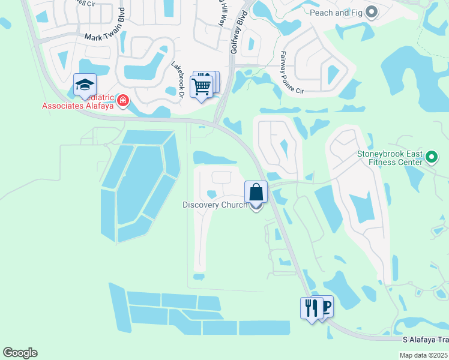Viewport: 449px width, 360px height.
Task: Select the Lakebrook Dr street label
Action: [178, 78]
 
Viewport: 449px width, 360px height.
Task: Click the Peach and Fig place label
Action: [337, 12]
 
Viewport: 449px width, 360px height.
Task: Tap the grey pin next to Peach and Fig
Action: [372, 11]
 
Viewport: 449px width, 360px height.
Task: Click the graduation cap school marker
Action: [85, 85]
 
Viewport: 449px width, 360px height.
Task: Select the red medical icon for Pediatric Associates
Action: [123, 100]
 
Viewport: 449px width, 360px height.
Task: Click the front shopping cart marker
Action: [201, 86]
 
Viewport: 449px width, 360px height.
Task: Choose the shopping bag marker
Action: [256, 193]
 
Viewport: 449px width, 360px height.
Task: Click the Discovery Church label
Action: [214, 205]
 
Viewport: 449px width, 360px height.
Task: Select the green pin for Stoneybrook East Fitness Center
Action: [431, 158]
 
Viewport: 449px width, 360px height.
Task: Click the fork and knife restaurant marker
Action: [311, 308]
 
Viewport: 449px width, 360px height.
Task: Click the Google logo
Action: [20, 353]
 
